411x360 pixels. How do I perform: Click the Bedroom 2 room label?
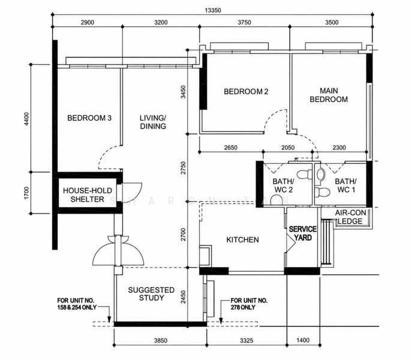(x=246, y=92)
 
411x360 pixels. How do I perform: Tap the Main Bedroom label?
(x=329, y=95)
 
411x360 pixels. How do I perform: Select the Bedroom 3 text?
(x=89, y=118)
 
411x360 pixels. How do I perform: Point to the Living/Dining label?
(x=153, y=122)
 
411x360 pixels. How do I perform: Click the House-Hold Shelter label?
(x=87, y=195)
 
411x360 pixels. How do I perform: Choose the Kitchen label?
(x=242, y=239)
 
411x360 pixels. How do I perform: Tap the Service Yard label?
(x=303, y=233)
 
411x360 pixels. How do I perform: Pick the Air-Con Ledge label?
(x=350, y=217)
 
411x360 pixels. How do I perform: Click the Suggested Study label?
(x=151, y=294)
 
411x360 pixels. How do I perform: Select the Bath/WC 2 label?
(x=283, y=185)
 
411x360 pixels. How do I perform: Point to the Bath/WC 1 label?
(x=346, y=185)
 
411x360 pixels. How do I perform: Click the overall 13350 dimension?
(x=213, y=10)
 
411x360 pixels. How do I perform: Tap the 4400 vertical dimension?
(x=26, y=119)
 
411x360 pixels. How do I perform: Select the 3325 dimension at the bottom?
(x=247, y=340)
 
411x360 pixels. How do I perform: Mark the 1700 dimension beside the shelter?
(x=26, y=193)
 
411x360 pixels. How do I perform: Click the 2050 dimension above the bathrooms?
(x=288, y=148)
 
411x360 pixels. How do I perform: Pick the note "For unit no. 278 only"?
(x=249, y=304)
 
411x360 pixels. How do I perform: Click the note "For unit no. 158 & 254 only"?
(x=77, y=304)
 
